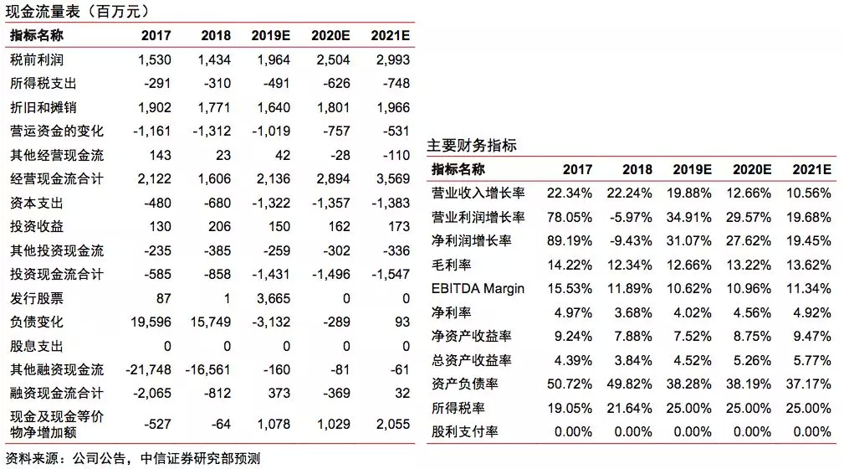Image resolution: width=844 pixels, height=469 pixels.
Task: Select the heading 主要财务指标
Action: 472,145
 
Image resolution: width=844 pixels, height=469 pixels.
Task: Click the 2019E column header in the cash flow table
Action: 270,35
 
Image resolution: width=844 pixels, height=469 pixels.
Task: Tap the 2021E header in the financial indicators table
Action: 811,170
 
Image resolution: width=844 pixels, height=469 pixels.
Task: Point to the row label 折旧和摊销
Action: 43,107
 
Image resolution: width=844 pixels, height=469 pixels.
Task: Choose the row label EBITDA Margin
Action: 478,288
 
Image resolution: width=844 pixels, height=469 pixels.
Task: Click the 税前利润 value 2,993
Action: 393,59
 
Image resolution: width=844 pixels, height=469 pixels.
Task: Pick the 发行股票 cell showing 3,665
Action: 274,298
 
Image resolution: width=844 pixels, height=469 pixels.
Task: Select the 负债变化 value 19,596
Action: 151,322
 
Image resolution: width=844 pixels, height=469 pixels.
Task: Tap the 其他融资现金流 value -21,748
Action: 149,370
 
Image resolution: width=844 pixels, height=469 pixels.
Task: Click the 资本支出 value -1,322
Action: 271,204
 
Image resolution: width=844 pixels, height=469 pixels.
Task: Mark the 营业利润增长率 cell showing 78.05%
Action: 570,217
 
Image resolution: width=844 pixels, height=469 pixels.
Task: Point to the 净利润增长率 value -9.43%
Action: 631,241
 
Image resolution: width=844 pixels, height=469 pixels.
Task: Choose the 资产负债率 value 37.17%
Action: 809,384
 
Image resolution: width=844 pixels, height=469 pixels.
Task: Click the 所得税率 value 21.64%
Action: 629,408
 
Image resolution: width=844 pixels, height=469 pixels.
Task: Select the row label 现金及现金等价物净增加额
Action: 57,425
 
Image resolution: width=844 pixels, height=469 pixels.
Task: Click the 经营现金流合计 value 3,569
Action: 393,178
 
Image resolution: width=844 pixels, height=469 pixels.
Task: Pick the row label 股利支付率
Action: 464,431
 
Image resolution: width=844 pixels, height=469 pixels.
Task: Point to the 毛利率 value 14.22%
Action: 570,265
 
